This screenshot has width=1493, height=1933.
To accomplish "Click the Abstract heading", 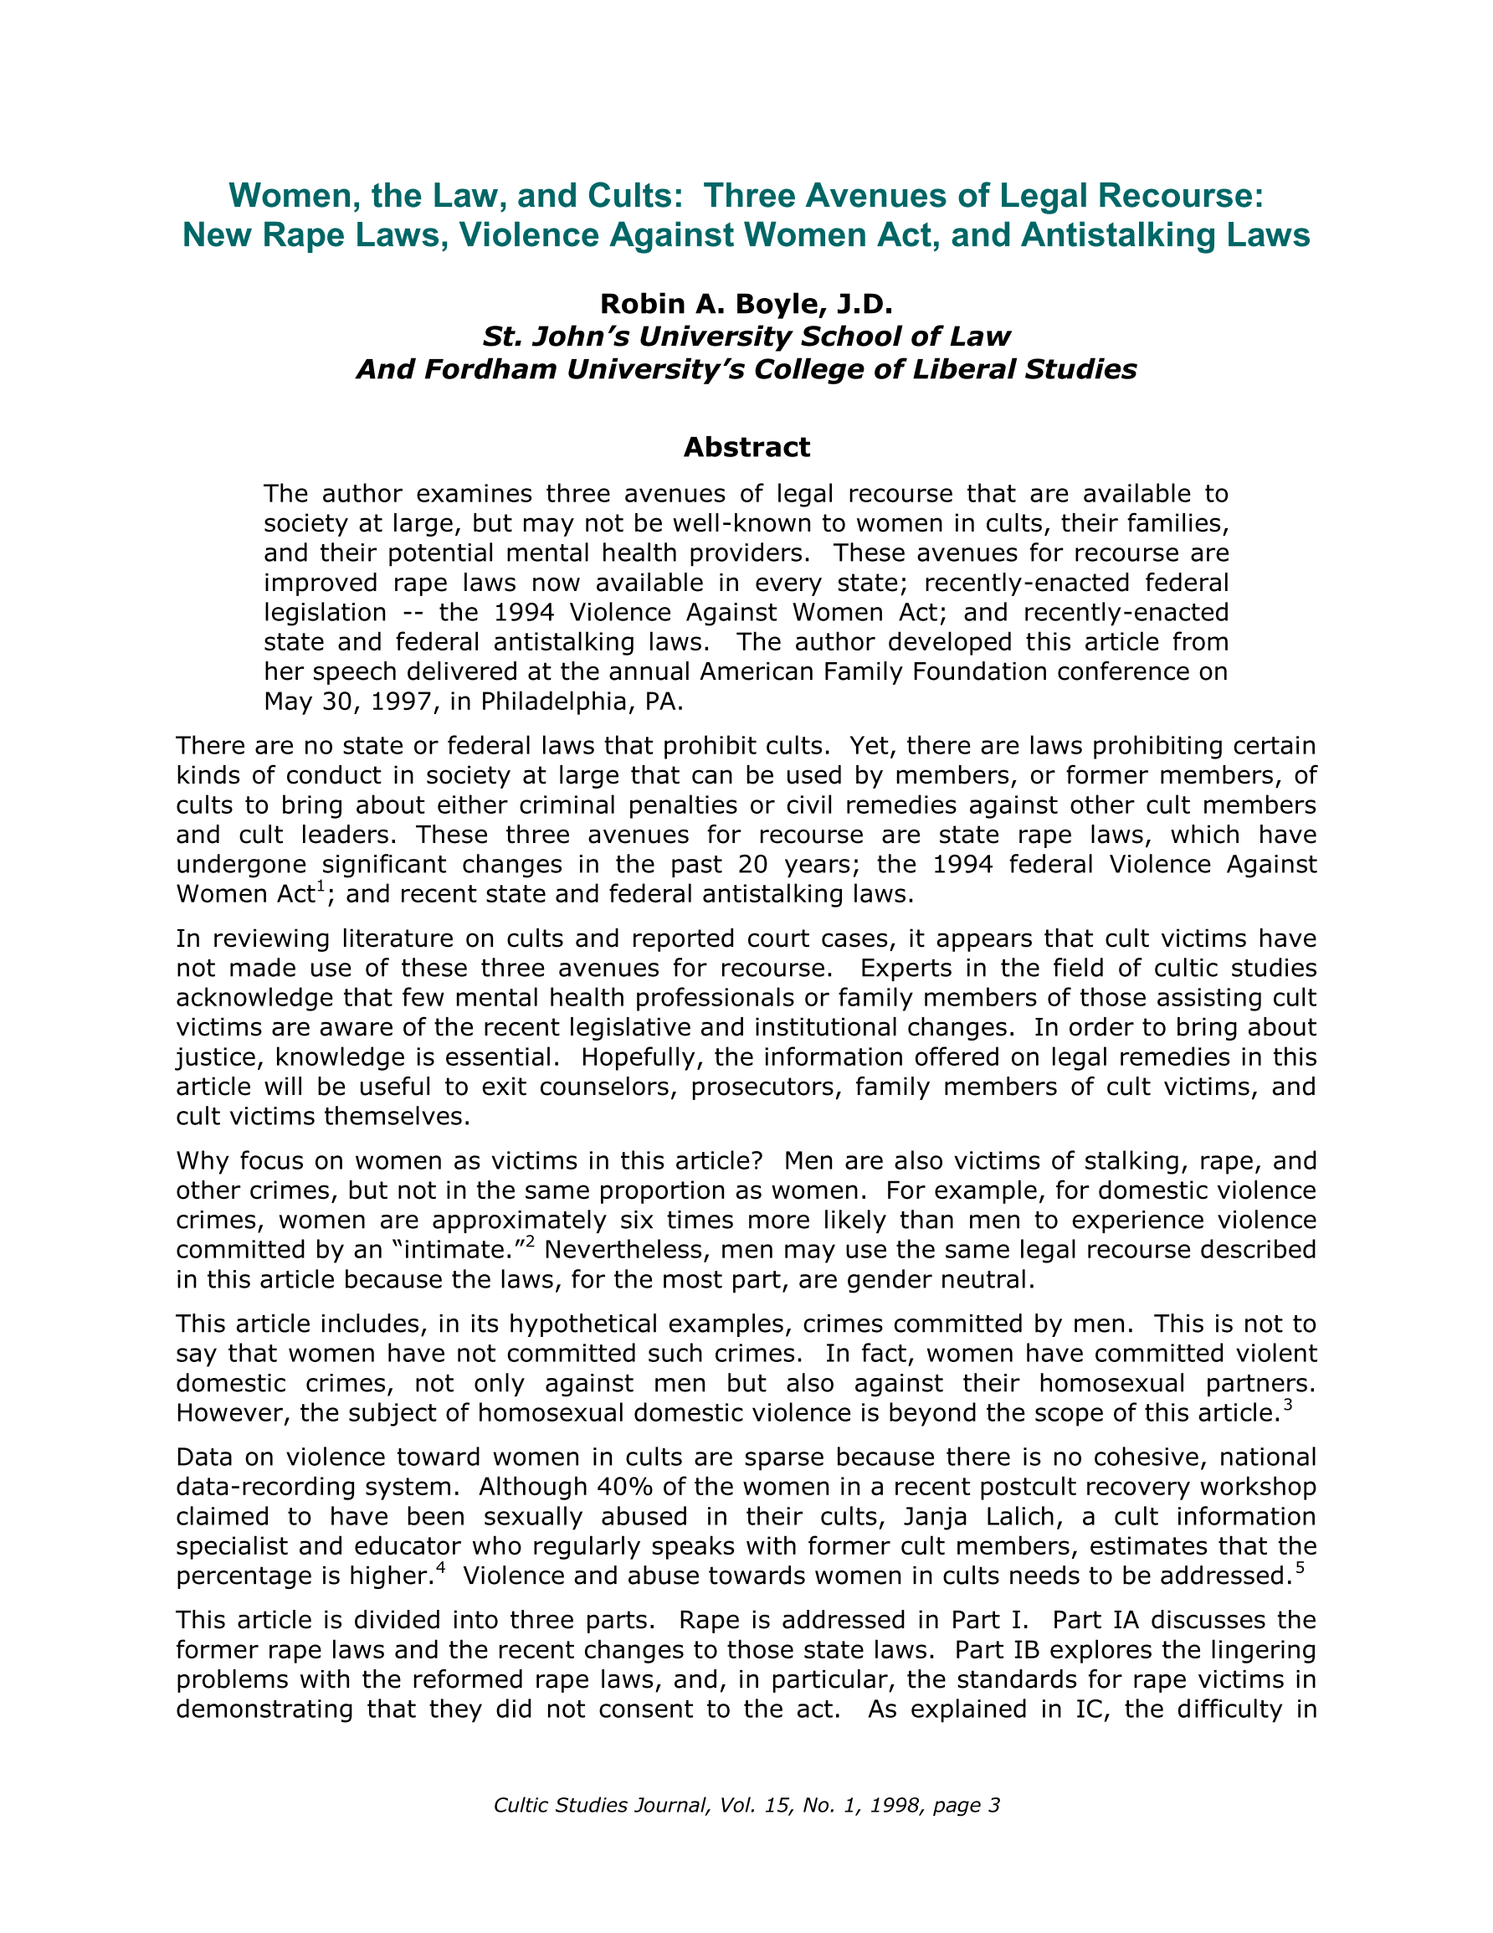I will coord(746,447).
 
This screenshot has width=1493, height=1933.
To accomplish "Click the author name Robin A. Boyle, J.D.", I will coord(746,304).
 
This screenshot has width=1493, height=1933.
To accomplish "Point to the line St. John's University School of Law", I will coord(746,337).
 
